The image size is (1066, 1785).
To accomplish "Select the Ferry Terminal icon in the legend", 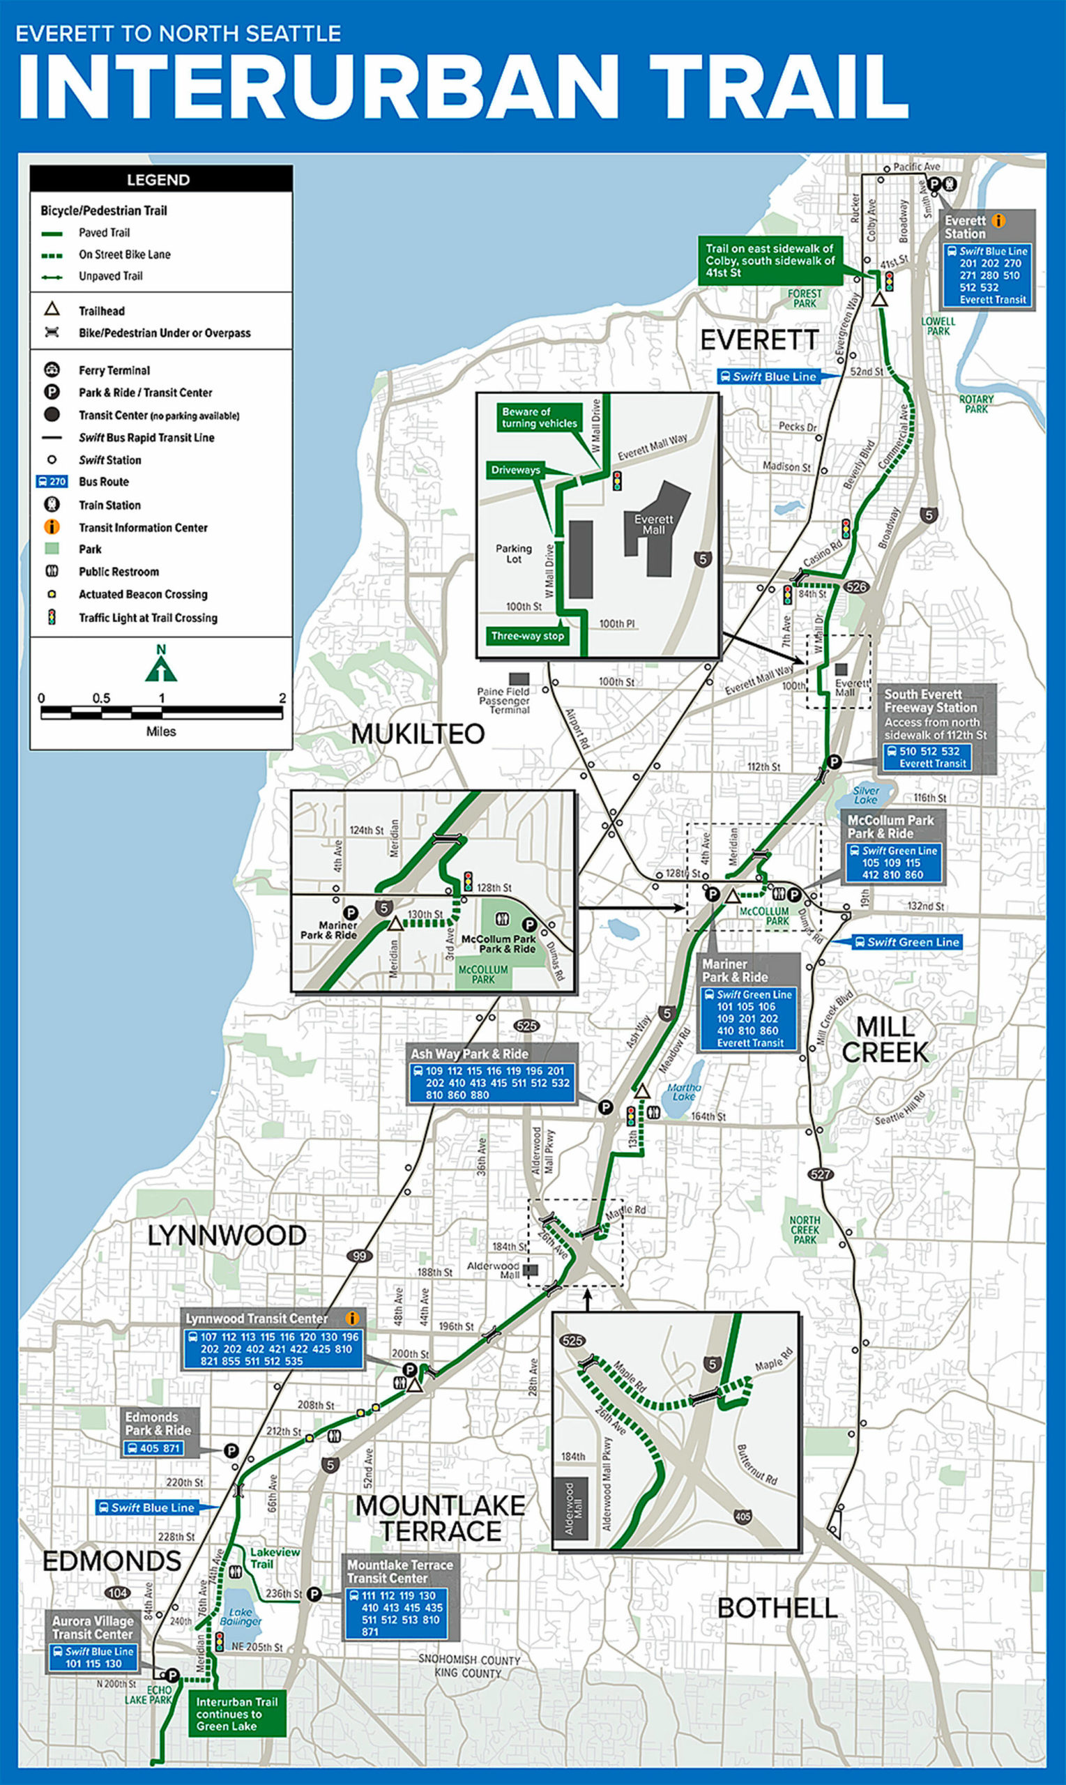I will (x=52, y=370).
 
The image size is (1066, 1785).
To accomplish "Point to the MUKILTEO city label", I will (x=418, y=734).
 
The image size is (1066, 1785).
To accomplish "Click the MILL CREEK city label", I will (x=885, y=1040).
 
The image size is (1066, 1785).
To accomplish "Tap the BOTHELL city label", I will (x=777, y=1609).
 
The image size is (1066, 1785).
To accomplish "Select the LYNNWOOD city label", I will (x=227, y=1236).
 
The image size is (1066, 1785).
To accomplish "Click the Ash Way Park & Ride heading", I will (x=469, y=1054).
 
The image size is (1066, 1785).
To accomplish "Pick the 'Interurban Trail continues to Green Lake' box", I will (x=236, y=1714).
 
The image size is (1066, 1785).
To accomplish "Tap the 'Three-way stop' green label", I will (x=527, y=636).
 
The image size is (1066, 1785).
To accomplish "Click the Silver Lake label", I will (x=866, y=794).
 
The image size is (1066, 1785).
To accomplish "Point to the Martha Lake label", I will (x=683, y=1092).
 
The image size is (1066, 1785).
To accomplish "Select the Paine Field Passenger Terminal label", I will (x=503, y=699).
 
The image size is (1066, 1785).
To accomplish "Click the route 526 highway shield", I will (x=855, y=587).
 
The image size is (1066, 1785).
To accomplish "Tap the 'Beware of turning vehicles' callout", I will (x=539, y=418).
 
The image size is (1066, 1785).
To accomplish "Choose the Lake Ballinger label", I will (x=241, y=1617).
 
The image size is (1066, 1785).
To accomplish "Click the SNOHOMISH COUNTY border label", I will (x=469, y=1660).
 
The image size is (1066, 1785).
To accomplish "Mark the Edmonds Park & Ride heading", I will (x=158, y=1423).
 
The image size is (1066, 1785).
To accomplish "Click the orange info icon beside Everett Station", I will (x=998, y=220).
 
